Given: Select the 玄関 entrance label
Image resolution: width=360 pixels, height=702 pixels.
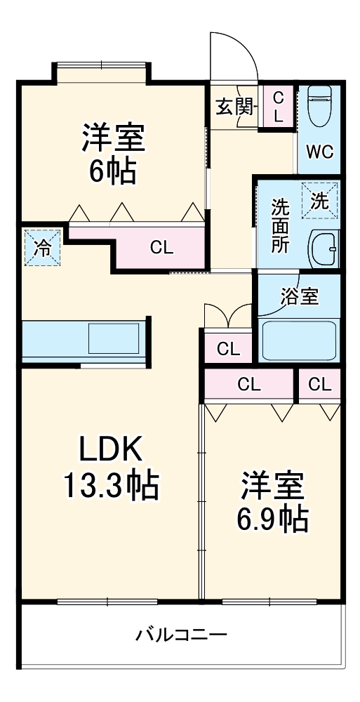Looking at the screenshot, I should pos(234,107).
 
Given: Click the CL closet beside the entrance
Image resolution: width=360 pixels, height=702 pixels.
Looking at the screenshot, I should pos(278,107).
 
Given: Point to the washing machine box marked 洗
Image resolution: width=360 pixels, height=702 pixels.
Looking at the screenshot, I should pos(319,200).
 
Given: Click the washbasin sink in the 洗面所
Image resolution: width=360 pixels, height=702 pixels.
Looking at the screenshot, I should pos(324,248).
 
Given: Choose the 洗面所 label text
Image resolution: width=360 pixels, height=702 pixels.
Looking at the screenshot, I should pos(280,226).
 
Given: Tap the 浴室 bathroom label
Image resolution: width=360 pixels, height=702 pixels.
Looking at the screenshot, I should pos(300,296).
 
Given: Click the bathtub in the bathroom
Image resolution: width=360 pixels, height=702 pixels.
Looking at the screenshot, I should pos(300,340).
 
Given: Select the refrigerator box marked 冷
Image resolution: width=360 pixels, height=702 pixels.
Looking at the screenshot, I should pos(42,246).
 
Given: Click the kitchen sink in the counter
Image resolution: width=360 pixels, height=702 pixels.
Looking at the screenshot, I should pos(112,338).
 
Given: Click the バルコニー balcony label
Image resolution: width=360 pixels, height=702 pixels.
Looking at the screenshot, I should pos(181,635).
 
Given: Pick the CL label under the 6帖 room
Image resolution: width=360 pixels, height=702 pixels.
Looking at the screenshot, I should pos(161,247).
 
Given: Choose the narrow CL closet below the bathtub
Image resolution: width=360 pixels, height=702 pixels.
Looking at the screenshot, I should pos(319,384).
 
